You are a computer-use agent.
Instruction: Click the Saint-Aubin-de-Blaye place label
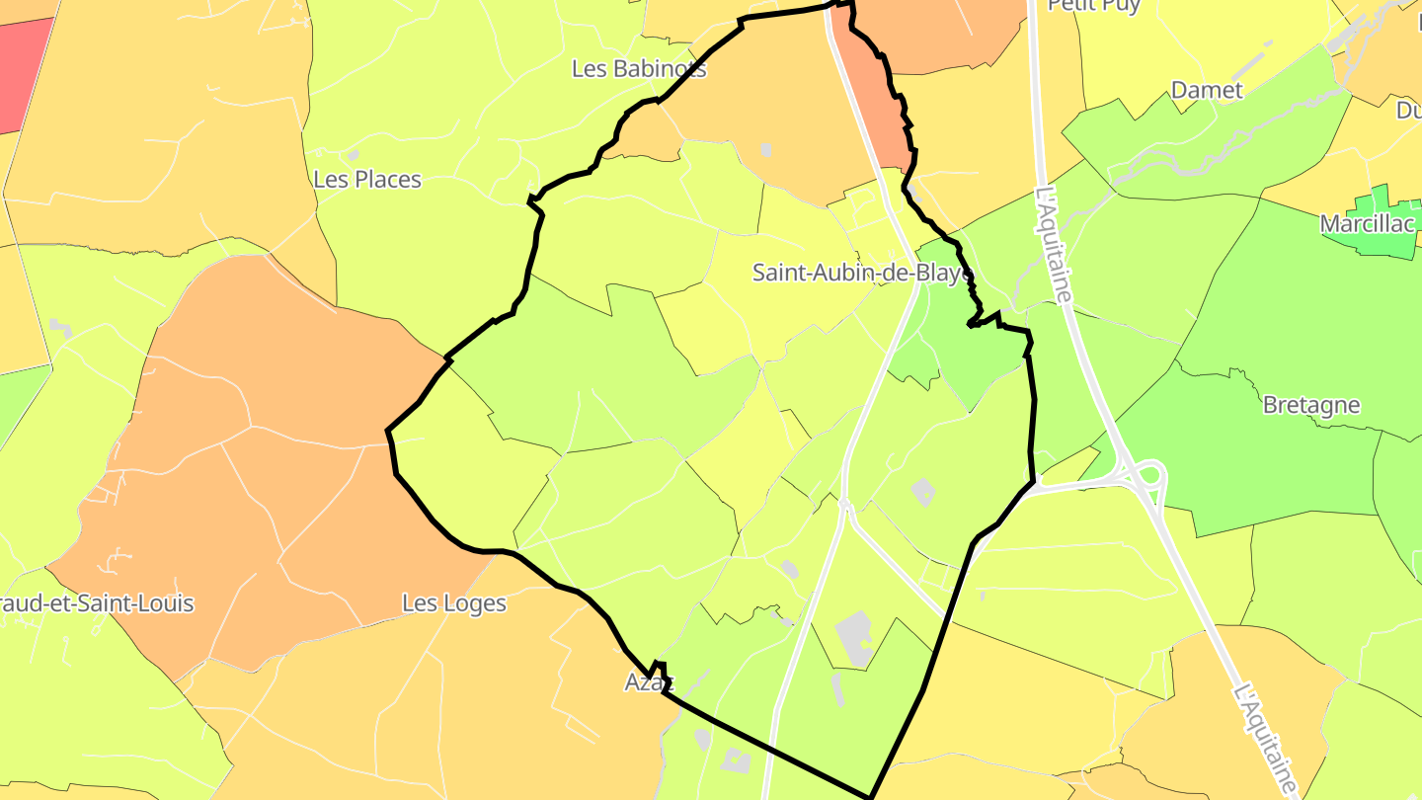click(862, 273)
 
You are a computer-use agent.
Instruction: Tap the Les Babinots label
click(639, 68)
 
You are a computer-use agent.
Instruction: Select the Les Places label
click(366, 180)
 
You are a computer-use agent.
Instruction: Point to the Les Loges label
click(453, 602)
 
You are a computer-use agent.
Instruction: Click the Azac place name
click(648, 681)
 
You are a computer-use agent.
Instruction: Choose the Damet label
click(1206, 90)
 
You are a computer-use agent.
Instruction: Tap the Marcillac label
click(1367, 224)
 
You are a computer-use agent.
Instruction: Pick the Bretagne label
click(1310, 405)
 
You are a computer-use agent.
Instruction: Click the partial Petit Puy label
click(1093, 6)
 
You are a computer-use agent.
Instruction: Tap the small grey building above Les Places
click(353, 155)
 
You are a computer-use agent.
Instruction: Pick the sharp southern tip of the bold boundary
click(871, 796)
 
